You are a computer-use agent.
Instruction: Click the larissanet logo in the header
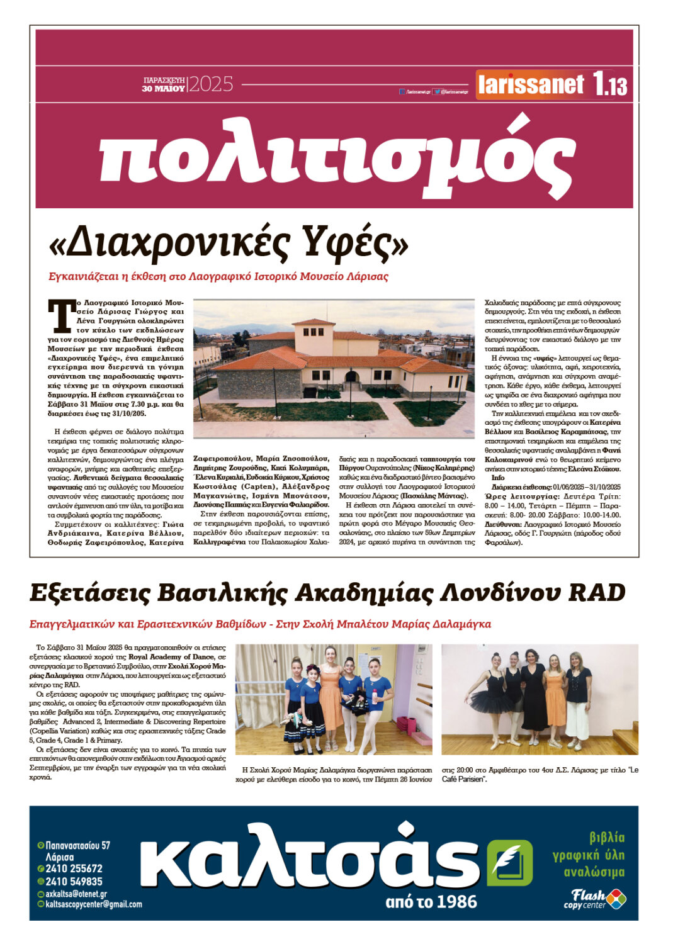click(531, 84)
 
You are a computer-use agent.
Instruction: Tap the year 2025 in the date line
click(211, 84)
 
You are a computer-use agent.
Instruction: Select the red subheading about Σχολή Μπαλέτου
click(260, 624)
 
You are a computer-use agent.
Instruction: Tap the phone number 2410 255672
click(74, 868)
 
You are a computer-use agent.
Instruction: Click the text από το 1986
click(431, 902)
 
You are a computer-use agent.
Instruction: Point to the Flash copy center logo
click(594, 899)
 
